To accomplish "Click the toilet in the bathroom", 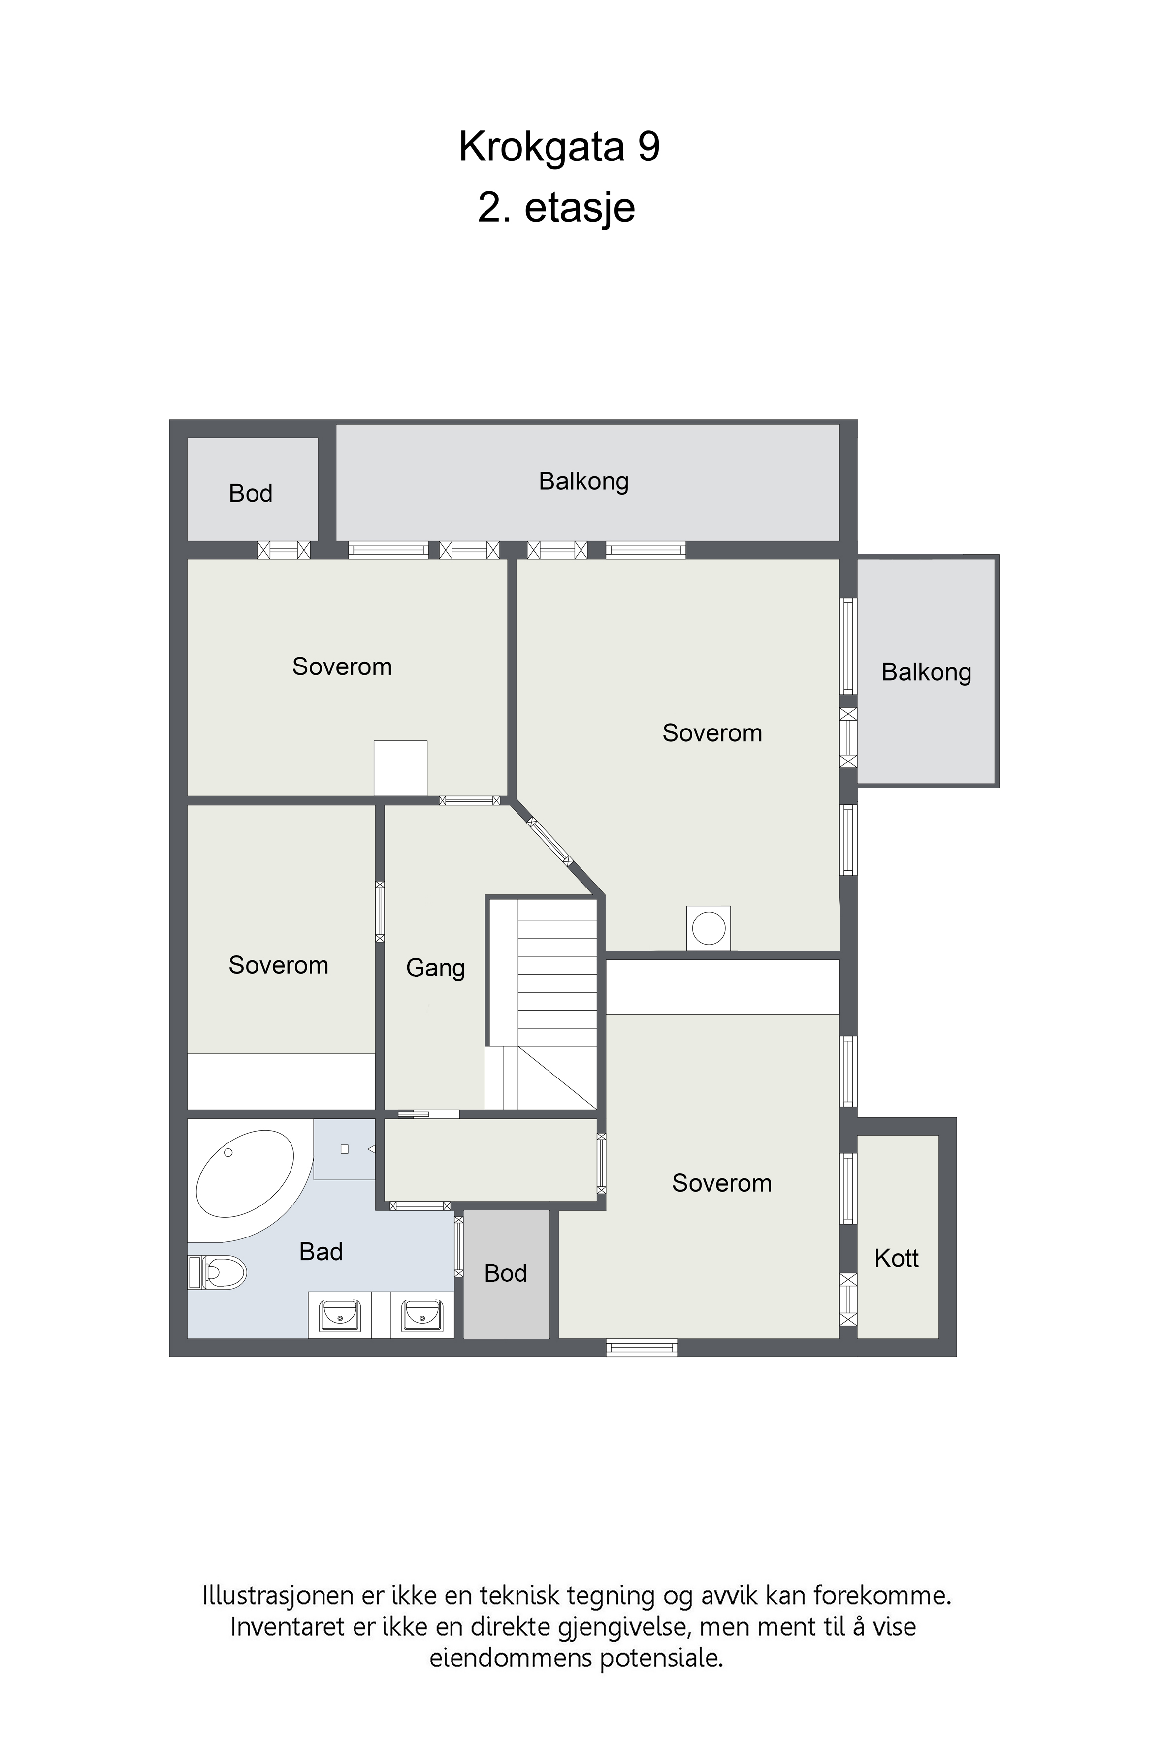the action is pyautogui.click(x=217, y=1272).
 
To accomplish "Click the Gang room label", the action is pyautogui.click(x=435, y=968).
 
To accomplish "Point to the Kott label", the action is pyautogui.click(x=897, y=1258).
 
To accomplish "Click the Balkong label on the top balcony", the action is pyautogui.click(x=584, y=482).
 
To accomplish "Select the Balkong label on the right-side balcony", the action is pyautogui.click(x=926, y=672).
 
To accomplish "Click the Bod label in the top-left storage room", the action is pyautogui.click(x=251, y=493).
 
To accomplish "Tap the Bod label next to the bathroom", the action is pyautogui.click(x=505, y=1273).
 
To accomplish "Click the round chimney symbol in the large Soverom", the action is pyautogui.click(x=709, y=927).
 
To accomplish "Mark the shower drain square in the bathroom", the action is pyautogui.click(x=344, y=1149).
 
